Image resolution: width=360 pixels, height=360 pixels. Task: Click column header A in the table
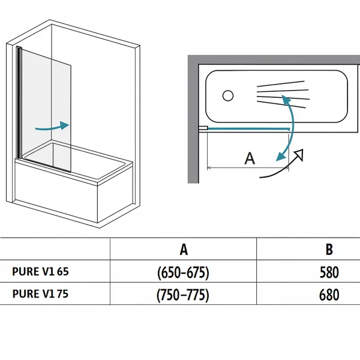pos(184,250)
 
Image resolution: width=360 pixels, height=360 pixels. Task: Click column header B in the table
pos(329,250)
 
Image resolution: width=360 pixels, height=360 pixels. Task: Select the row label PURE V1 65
pos(40,272)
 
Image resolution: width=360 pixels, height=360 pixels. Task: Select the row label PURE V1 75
pos(40,293)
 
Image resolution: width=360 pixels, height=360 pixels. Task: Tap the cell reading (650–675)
pos(183,273)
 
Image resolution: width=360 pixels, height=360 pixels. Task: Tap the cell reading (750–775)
pos(183,295)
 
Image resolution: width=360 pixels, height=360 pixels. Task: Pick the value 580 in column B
pos(329,272)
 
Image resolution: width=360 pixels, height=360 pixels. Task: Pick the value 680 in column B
pos(329,295)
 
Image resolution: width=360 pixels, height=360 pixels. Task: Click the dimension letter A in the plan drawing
pos(250,158)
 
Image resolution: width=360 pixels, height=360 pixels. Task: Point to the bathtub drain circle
pos(228,96)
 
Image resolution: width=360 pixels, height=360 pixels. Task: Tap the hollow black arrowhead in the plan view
pos(299,155)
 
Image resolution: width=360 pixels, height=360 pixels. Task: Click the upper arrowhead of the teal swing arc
pos(286,100)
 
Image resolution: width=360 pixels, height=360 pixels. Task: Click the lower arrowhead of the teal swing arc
pos(281,157)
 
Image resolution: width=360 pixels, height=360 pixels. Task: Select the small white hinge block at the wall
pos(203,128)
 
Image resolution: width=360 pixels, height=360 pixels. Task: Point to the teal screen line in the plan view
pos(248,129)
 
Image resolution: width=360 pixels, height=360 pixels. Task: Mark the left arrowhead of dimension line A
pos(209,168)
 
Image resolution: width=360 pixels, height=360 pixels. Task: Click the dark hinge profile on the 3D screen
pos(19,103)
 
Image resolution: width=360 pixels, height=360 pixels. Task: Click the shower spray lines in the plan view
pos(283,94)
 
